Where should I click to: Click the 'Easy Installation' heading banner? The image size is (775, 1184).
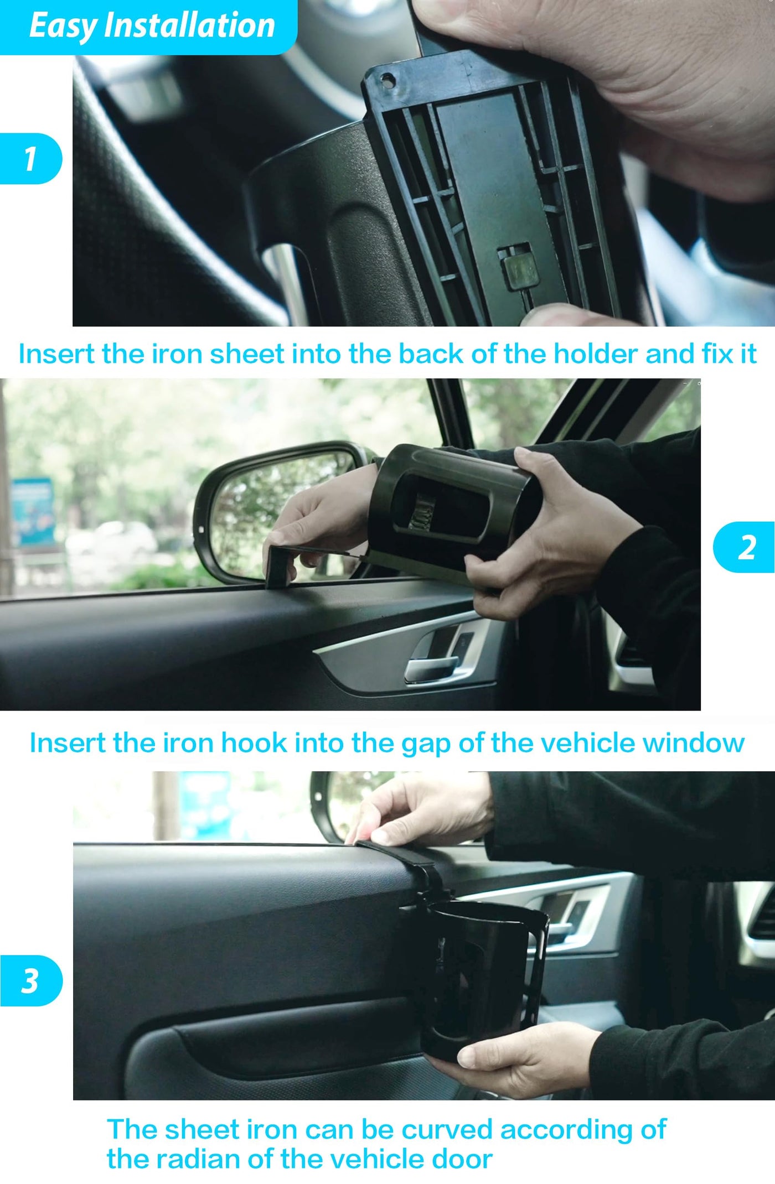click(x=148, y=27)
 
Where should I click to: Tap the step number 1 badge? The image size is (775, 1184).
click(x=31, y=159)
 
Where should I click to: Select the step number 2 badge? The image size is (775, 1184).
click(x=744, y=547)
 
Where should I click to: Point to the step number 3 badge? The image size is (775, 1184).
click(x=31, y=980)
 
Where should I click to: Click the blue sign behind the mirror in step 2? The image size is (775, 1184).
click(x=33, y=512)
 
